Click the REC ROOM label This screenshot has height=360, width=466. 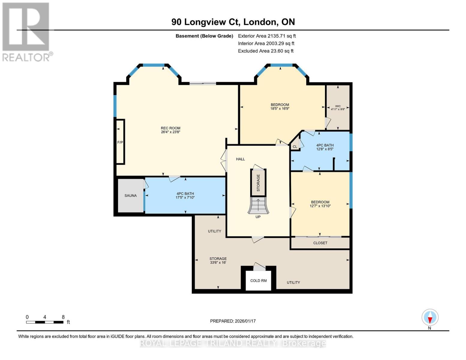click(x=170, y=128)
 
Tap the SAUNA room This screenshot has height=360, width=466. click(x=131, y=196)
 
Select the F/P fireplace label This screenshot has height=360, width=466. click(x=120, y=142)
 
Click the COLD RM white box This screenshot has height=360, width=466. click(x=258, y=280)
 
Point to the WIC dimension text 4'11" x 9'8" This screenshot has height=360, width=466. click(x=338, y=109)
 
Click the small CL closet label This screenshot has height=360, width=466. click(x=295, y=147)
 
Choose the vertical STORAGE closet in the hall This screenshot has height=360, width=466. click(x=258, y=182)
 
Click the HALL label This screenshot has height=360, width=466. click(x=240, y=159)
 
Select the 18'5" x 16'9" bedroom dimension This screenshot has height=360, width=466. click(x=280, y=109)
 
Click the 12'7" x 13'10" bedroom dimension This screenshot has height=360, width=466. click(x=320, y=206)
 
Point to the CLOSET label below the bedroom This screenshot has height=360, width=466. click(x=320, y=243)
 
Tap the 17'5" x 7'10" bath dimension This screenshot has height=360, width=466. click(x=185, y=197)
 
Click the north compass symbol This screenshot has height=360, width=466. click(x=430, y=317)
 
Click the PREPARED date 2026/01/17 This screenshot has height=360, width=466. click(x=233, y=321)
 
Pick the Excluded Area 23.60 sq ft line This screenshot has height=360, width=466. click(x=266, y=51)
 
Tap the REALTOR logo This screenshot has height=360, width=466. click(x=26, y=31)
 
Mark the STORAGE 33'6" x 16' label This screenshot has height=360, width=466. click(x=218, y=260)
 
